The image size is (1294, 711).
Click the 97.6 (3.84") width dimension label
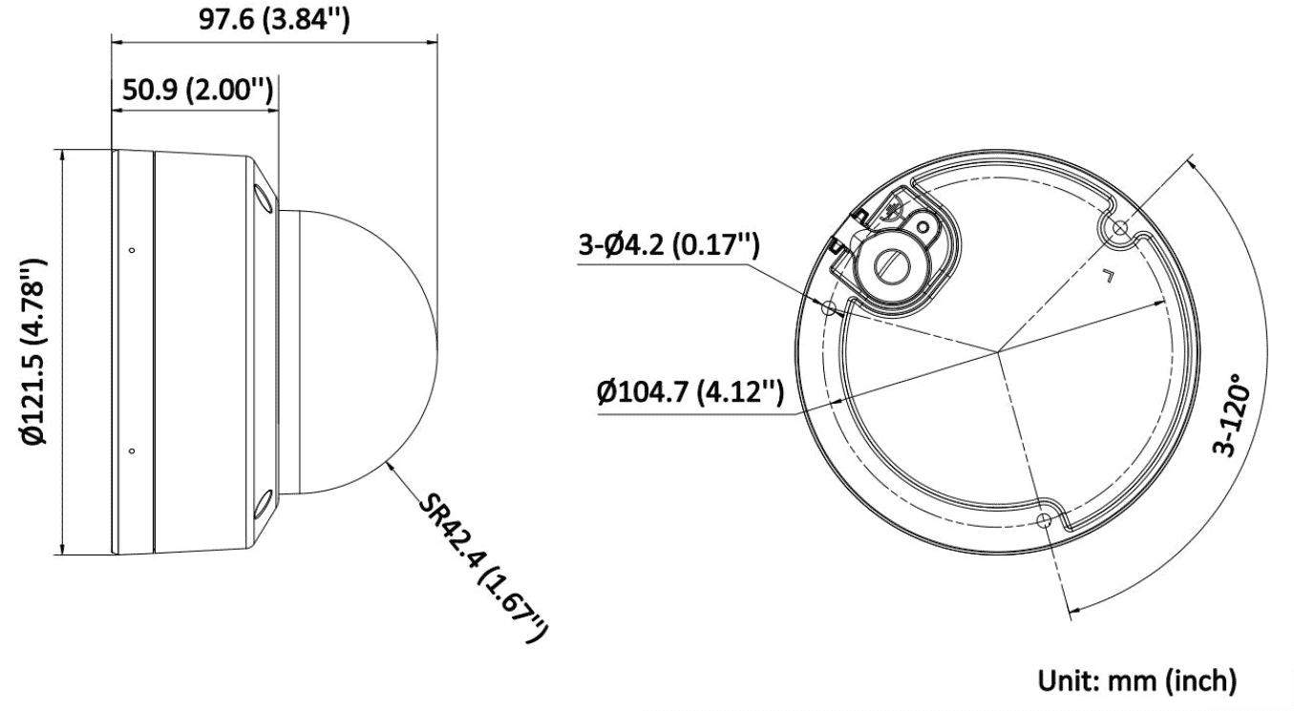pyautogui.click(x=274, y=19)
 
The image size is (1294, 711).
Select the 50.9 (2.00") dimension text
pyautogui.click(x=198, y=90)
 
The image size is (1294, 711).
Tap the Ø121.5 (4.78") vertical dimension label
pyautogui.click(x=33, y=352)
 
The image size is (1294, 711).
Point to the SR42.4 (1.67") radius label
pyautogui.click(x=482, y=566)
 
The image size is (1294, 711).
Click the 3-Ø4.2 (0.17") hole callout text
pyautogui.click(x=668, y=244)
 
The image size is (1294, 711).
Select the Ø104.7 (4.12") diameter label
pyautogui.click(x=690, y=392)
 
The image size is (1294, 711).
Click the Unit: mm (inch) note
pyautogui.click(x=1137, y=680)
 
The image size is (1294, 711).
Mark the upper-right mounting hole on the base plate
pyautogui.click(x=1119, y=228)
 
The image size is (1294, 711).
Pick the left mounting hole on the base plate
pyautogui.click(x=828, y=307)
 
